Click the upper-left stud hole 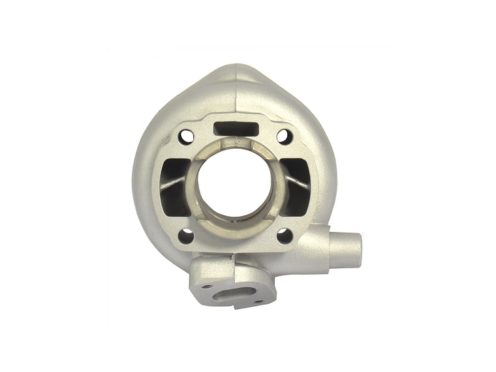[187, 136]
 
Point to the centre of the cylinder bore [235, 187]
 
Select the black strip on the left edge [31, 186]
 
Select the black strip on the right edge [465, 186]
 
